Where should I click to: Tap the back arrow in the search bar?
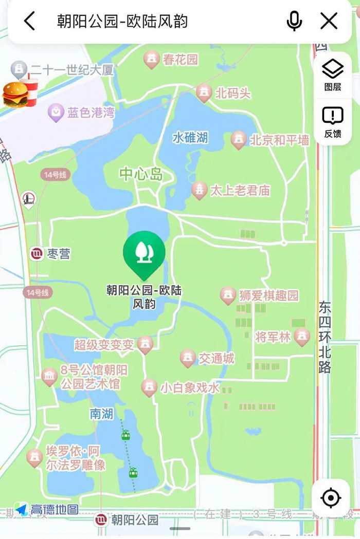coord(30,21)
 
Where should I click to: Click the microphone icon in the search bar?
coord(294,21)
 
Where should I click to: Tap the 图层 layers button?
coord(332,75)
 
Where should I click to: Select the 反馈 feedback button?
coord(332,122)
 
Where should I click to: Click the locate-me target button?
coord(331,498)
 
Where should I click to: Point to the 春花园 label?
coord(180,60)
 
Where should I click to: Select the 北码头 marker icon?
coord(204,93)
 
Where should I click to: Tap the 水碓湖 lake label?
coord(190,138)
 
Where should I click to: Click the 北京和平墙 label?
coord(279,140)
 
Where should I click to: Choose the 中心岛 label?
coord(141,175)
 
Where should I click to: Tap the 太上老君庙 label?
coord(240,191)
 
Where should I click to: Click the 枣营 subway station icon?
coord(36,253)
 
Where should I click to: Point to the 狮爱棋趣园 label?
coord(268,295)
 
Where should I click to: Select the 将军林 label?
coord(273,337)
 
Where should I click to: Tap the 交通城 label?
coord(217,358)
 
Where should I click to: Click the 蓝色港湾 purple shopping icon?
coord(56,113)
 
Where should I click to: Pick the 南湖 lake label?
coord(101,414)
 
